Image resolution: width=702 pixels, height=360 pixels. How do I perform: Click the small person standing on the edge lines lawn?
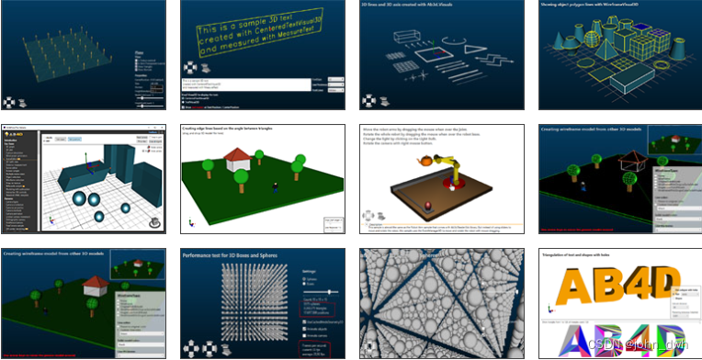pos(274,188)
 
